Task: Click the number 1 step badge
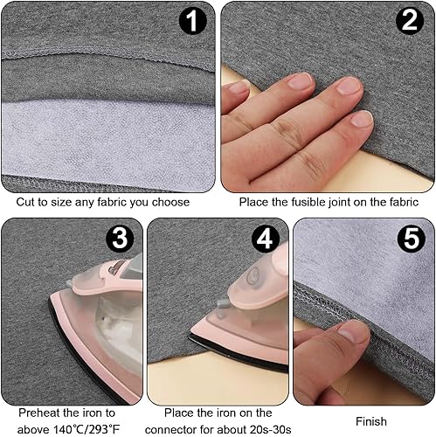(192, 21)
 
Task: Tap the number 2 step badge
(410, 21)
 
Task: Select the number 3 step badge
(120, 239)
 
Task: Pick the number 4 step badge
(266, 239)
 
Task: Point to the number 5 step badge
(412, 239)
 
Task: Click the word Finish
(371, 421)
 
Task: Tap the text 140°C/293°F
(87, 429)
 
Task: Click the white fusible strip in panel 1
(108, 141)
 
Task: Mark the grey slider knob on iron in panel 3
(69, 283)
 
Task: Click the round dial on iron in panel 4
(253, 276)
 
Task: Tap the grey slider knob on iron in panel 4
(222, 303)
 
